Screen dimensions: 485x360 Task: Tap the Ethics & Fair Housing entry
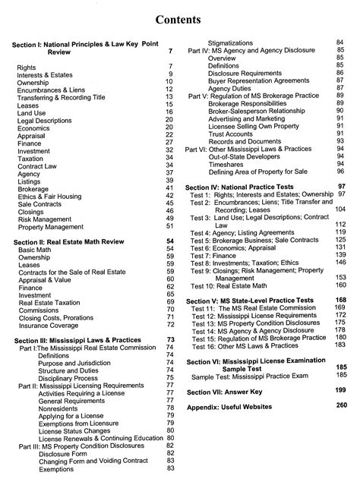click(x=55, y=197)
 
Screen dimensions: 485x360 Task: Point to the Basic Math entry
click(x=35, y=249)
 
